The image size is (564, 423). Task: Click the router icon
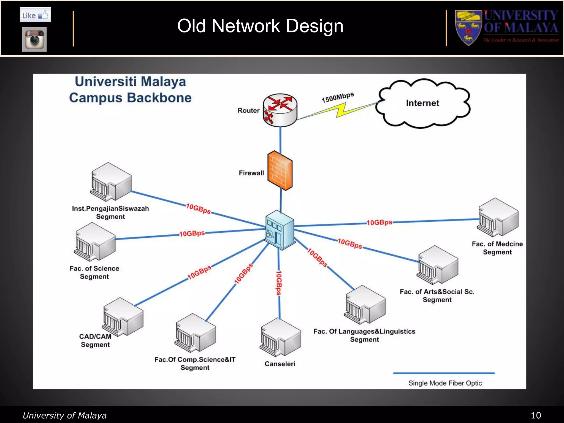(280, 110)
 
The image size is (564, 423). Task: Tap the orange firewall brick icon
(280, 170)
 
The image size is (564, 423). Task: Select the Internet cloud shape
(423, 104)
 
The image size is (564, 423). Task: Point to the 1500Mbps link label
(338, 97)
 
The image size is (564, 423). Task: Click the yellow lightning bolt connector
(341, 110)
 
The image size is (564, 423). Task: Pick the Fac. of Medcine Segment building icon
(498, 217)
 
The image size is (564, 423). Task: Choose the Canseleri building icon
(280, 337)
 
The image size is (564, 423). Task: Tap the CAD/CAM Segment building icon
(123, 317)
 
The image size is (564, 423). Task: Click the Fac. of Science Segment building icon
(95, 242)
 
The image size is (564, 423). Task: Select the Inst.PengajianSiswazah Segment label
(110, 213)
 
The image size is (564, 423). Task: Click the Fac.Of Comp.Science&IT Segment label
(195, 364)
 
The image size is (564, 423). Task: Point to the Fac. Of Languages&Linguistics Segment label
(364, 335)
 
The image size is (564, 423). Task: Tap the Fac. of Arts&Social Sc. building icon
(438, 265)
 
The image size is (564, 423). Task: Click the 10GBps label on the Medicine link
(379, 223)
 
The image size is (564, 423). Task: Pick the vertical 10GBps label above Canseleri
(279, 283)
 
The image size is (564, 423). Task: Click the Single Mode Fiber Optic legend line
(444, 373)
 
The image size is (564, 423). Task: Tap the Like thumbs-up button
(36, 15)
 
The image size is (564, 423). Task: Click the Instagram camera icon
(34, 39)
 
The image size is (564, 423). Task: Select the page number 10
(536, 415)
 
